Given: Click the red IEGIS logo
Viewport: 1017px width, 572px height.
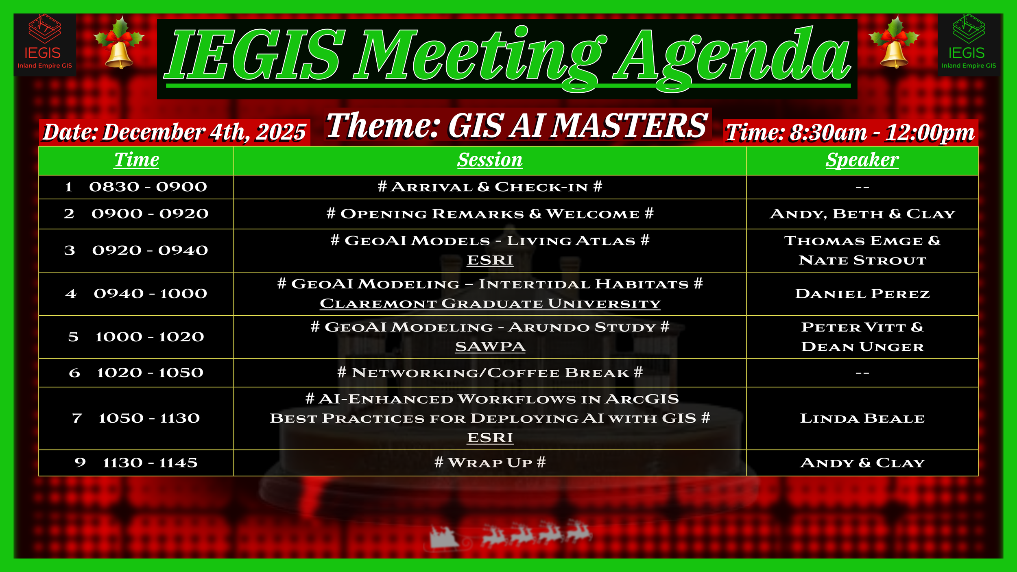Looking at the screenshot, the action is click(x=45, y=44).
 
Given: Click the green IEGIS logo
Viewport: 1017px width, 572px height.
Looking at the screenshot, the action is click(x=969, y=44).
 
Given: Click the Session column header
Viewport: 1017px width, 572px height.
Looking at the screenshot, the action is click(x=490, y=160).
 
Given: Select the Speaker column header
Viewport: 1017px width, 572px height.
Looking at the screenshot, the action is click(x=862, y=160).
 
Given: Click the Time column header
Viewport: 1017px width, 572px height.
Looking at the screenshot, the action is click(x=136, y=159).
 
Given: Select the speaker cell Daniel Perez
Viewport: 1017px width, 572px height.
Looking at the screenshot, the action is click(x=862, y=294).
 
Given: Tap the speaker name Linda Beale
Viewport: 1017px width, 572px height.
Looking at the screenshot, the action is click(x=862, y=418).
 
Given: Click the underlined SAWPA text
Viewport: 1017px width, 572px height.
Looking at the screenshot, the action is click(x=490, y=347).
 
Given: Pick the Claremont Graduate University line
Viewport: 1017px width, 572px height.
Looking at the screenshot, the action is click(x=490, y=303).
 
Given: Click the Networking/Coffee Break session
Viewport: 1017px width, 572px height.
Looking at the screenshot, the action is click(x=490, y=373).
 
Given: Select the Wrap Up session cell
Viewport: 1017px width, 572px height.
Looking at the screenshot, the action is click(x=490, y=463).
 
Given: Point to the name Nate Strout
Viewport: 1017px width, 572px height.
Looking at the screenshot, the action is click(x=862, y=260).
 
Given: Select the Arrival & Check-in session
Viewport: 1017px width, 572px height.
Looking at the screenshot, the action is click(x=490, y=187).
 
